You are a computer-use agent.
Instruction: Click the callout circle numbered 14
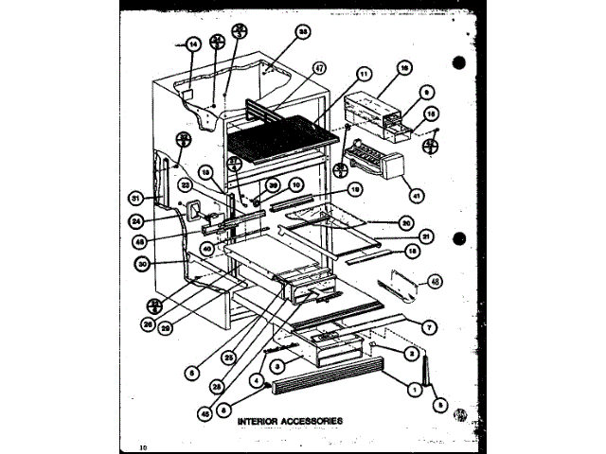point(192,44)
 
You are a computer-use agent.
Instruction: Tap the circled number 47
point(318,68)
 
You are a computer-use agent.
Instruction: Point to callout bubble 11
point(365,73)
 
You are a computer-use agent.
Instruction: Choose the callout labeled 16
point(403,69)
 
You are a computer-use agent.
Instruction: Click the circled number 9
point(428,92)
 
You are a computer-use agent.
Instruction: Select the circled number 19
point(356,189)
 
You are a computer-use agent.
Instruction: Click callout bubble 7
point(430,327)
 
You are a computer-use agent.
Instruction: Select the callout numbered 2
point(411,353)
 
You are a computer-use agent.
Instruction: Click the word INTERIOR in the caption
point(258,420)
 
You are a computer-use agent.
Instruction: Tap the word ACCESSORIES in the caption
point(312,420)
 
